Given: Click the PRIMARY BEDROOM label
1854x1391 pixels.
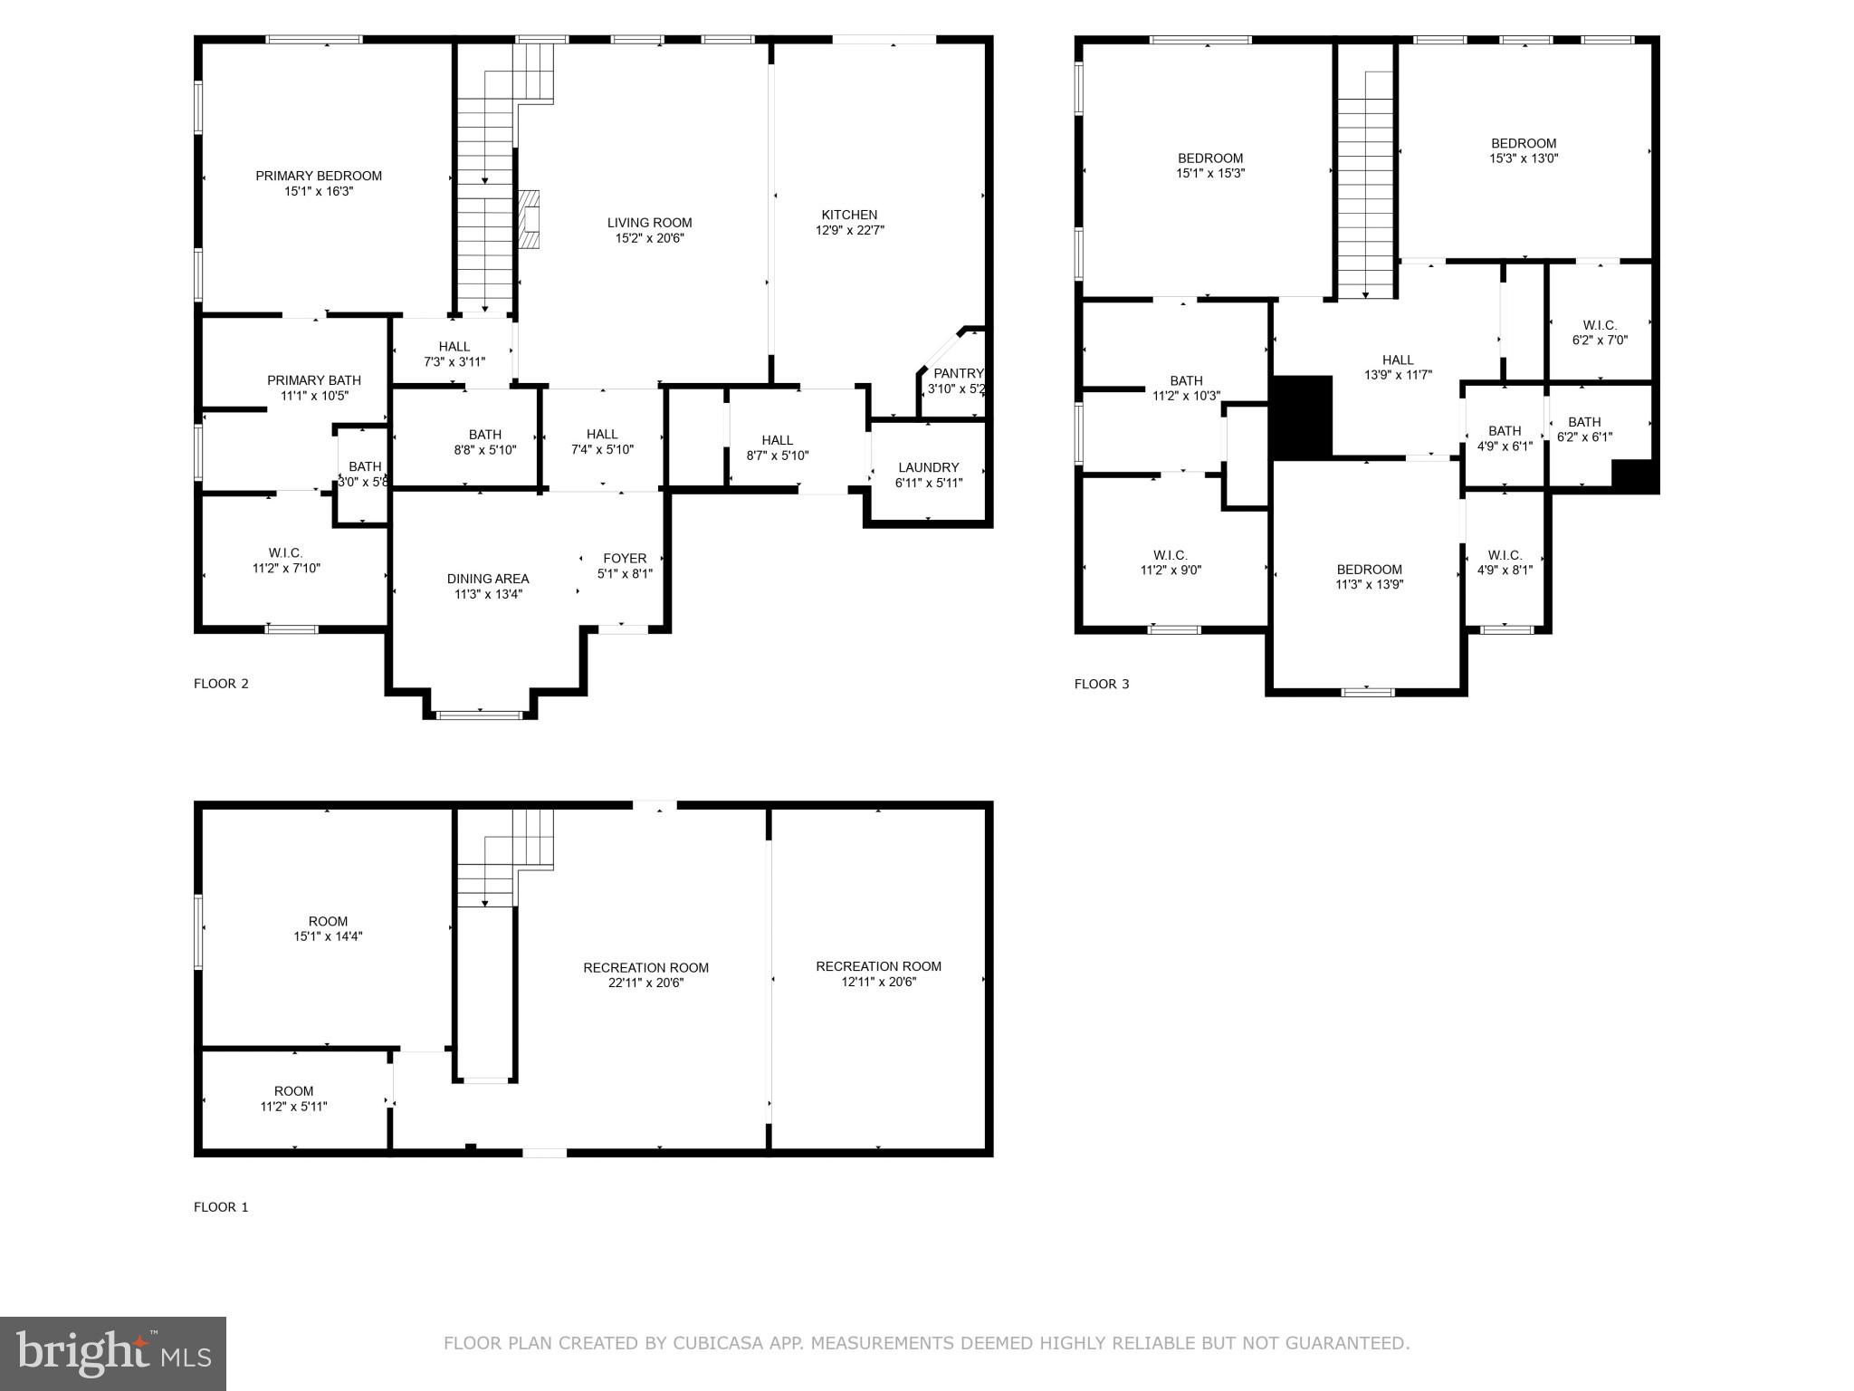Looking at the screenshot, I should click(319, 176).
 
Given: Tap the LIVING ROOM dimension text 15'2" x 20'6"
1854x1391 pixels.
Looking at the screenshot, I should click(649, 238).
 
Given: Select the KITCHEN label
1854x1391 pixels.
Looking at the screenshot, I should click(849, 215).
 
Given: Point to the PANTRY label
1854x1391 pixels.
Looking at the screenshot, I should click(958, 373).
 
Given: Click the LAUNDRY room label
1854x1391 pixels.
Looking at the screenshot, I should click(928, 467).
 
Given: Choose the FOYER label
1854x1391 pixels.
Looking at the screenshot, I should click(625, 558).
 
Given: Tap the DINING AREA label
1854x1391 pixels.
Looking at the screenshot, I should click(488, 579).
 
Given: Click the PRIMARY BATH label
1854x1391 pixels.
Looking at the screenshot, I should click(314, 380).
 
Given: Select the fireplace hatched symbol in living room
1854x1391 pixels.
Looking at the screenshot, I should click(529, 219).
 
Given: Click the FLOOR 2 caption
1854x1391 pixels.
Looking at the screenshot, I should click(221, 684).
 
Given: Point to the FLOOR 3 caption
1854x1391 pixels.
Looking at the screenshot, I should click(1102, 684).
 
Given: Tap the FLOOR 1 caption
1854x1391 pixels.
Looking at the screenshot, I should click(221, 1207).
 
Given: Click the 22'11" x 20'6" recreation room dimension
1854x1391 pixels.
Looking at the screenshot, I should click(645, 983).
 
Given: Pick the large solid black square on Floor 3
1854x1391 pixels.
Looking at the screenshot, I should click(1303, 417).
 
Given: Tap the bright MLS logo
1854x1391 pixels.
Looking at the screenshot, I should click(113, 1354).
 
